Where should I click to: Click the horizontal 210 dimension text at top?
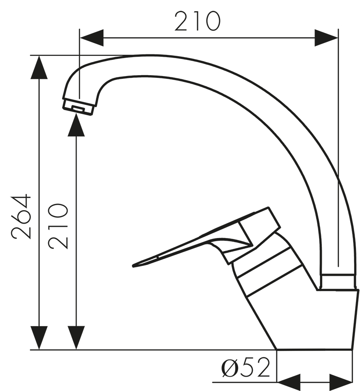(x=198, y=21)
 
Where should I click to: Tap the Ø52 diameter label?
(x=246, y=368)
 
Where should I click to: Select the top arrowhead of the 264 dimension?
(x=40, y=67)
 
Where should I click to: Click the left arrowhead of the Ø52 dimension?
(x=288, y=382)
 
